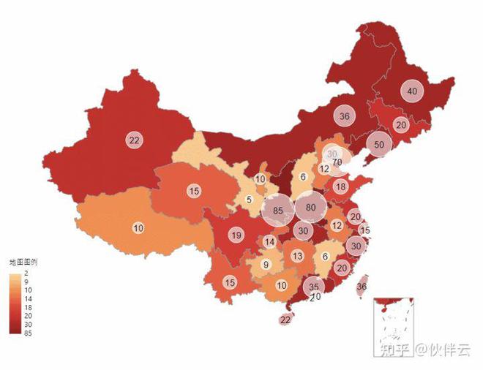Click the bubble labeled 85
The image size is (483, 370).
pos(277,212)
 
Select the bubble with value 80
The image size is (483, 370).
pos(310,207)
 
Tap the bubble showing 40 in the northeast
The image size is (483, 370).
pos(413,91)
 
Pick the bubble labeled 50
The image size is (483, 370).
pos(378,145)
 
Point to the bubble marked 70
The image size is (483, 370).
pos(337,162)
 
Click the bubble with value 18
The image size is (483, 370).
pos(340,186)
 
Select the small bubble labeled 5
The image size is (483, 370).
pos(250,200)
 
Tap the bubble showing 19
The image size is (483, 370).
pos(236,235)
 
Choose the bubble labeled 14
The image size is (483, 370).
pos(270,242)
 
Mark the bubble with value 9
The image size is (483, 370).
pos(266,265)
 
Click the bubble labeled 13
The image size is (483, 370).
pos(297,256)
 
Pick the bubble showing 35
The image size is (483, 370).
pos(313,287)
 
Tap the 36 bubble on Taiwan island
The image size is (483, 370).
pos(362,287)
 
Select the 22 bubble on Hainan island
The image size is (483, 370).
pos(285,320)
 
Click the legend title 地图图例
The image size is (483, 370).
pos(23,261)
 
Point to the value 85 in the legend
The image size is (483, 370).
pos(28,333)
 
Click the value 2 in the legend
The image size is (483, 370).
pos(26,272)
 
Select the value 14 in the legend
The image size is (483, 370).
pos(28,298)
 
